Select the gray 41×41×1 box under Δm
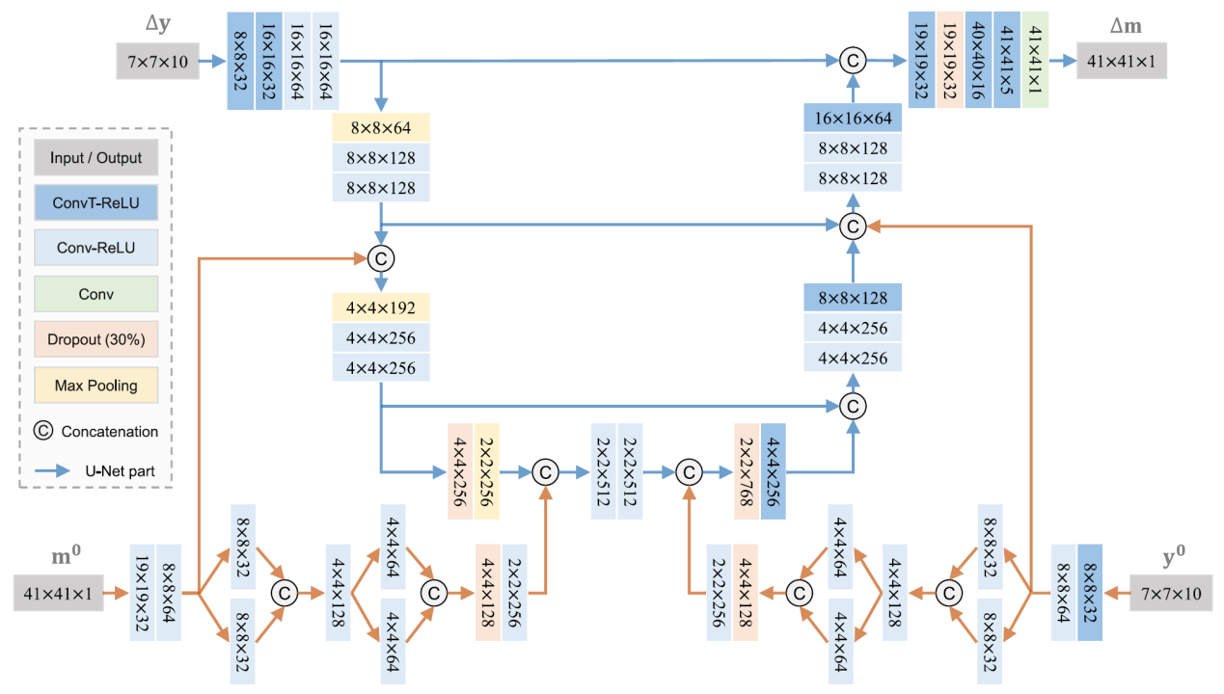pos(1122,62)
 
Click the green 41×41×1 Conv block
pos(1035,60)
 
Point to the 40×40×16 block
pos(979,60)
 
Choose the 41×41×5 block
pos(1007,60)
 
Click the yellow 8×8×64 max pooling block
pos(380,127)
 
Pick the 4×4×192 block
pos(380,307)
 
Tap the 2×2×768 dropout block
pos(747,471)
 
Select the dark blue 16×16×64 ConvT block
pos(853,119)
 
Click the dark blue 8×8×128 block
pos(853,298)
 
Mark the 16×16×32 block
pos(269,60)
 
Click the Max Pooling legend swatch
pos(95,386)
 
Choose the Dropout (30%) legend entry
pos(95,340)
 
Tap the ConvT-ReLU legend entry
pos(95,203)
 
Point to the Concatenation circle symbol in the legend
pos(44,431)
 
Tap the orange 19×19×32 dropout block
pos(951,60)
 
